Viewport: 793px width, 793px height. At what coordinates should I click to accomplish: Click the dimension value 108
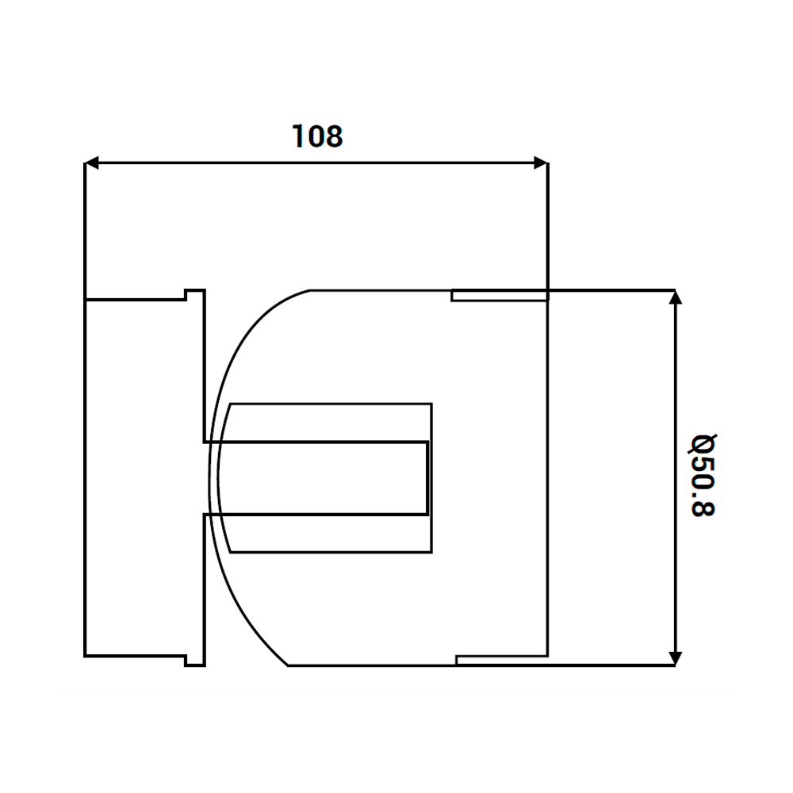coord(317,136)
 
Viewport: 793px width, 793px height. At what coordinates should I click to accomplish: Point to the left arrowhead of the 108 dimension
coord(92,163)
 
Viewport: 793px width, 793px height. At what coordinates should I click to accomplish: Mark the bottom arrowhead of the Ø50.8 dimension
coord(675,658)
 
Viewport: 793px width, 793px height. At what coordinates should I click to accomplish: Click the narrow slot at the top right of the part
coord(500,295)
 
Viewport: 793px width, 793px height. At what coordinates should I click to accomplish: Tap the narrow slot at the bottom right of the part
coord(502,661)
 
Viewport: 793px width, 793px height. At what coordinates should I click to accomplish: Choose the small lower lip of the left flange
coord(194,661)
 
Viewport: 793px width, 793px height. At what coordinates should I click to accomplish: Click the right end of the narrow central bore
coord(428,478)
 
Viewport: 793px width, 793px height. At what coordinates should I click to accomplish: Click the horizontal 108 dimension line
coord(317,163)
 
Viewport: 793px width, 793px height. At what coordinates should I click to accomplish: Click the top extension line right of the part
coord(611,290)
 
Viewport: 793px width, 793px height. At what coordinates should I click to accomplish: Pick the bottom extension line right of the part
coord(611,665)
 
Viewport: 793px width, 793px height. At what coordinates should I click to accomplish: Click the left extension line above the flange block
coord(85,230)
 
